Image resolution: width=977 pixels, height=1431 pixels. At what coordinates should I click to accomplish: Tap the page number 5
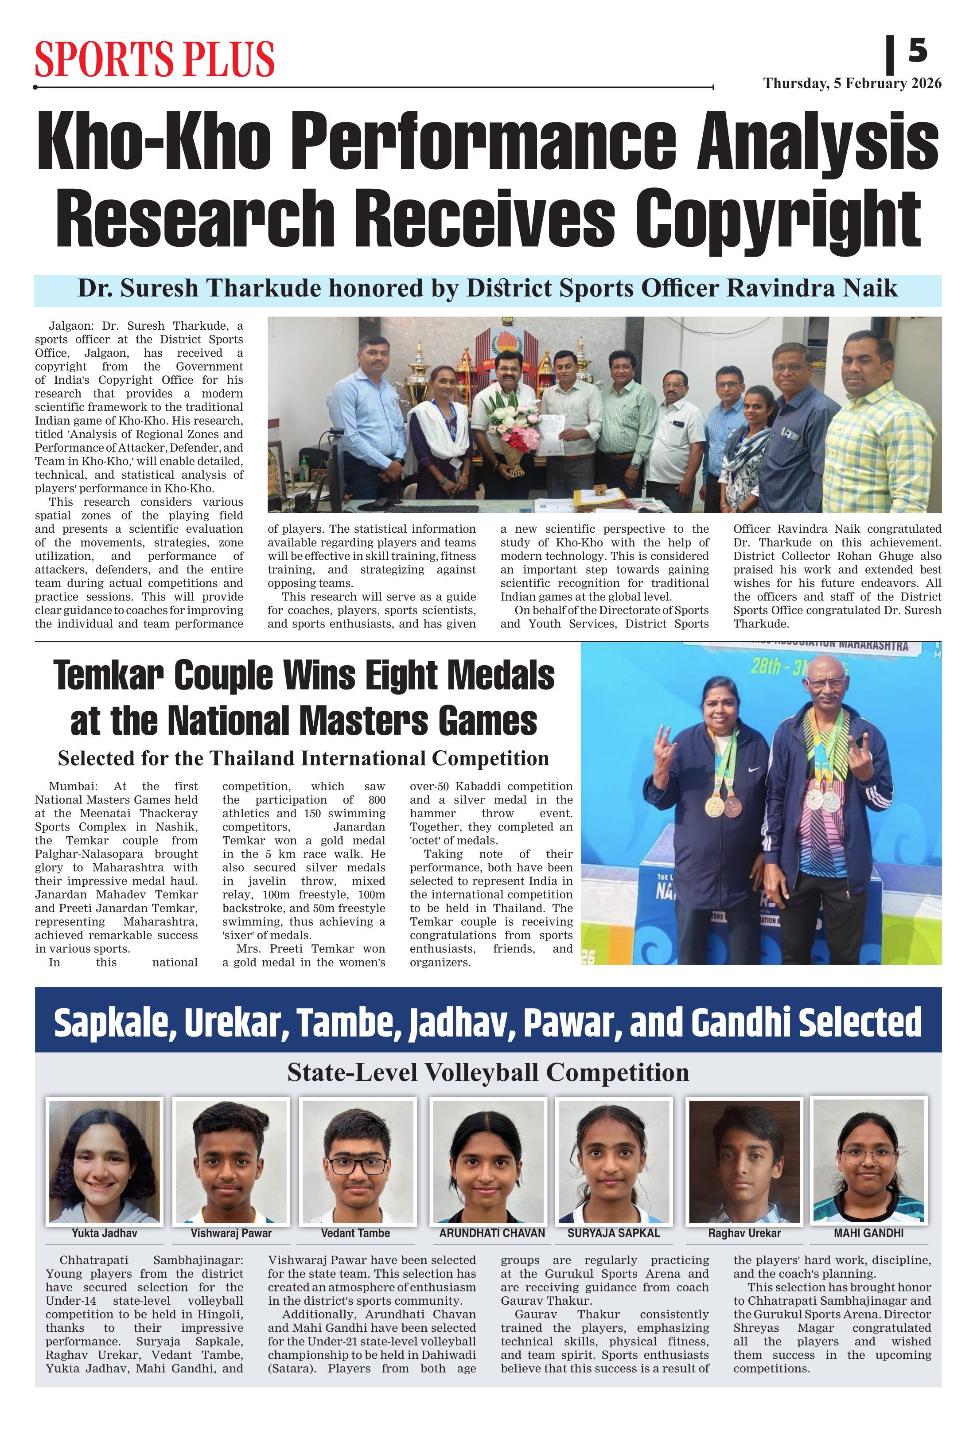point(917,51)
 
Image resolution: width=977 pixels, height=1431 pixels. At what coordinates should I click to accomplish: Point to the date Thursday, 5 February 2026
point(852,84)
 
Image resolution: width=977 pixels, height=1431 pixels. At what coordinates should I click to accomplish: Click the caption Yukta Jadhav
point(104,1233)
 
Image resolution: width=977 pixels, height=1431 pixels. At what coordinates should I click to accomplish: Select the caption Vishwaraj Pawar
point(231,1233)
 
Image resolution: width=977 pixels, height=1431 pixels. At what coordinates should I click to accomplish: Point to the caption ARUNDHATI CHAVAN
point(492,1233)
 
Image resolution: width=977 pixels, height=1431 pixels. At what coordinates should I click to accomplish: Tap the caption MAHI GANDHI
point(868,1233)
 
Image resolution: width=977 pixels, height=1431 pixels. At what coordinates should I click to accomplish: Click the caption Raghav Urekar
point(743,1233)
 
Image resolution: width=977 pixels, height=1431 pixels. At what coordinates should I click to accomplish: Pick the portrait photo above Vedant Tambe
point(357,1161)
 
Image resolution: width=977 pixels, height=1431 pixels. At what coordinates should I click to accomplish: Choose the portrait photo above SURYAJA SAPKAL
point(613,1161)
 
